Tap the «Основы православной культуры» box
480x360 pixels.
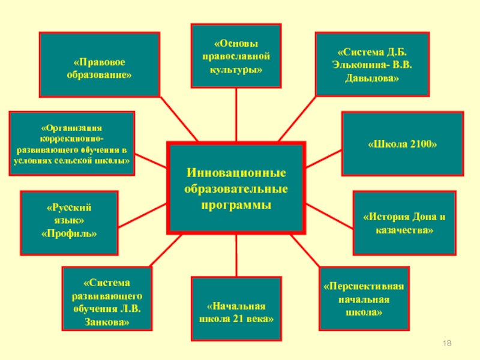tap(236, 56)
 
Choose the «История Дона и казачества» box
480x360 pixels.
tap(404, 223)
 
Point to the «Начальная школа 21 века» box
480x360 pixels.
tap(236, 312)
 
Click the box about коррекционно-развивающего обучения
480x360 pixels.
tap(71, 143)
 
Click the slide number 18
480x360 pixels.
tap(446, 343)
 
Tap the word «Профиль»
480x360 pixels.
tap(69, 232)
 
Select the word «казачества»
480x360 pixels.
tap(404, 230)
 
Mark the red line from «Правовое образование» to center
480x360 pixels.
tap(178, 118)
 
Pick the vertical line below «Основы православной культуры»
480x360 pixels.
tap(236, 114)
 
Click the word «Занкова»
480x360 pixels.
tap(107, 322)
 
